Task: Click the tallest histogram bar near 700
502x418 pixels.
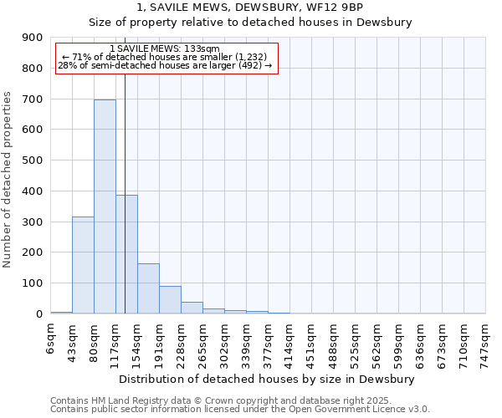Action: [x=105, y=206]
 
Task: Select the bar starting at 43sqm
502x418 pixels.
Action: [x=83, y=265]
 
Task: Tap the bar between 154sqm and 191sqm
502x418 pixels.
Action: [x=148, y=288]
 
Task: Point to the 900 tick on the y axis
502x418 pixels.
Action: [x=33, y=38]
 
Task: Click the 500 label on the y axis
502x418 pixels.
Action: [x=33, y=161]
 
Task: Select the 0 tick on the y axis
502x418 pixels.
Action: [x=38, y=314]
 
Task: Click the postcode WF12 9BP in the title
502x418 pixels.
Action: [x=339, y=8]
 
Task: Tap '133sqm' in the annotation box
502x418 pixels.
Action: [x=203, y=49]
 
